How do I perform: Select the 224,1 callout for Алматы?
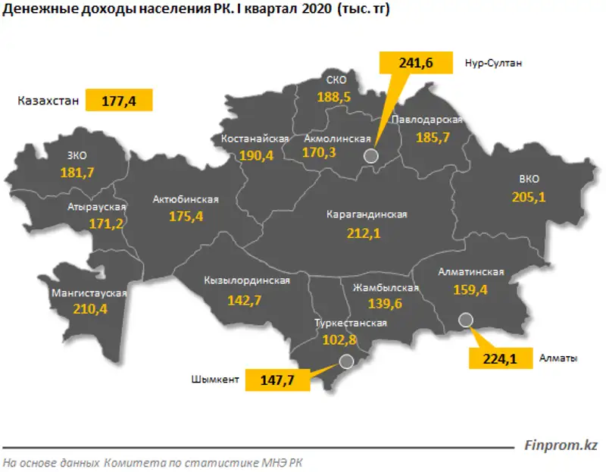501,359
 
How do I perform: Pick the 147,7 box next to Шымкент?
277,379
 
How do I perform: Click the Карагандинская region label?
366,214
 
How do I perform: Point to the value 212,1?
364,234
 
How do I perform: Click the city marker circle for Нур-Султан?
370,156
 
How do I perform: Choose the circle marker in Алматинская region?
466,320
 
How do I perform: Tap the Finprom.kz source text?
561,445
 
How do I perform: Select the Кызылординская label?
247,280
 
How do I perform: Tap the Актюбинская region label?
186,199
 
